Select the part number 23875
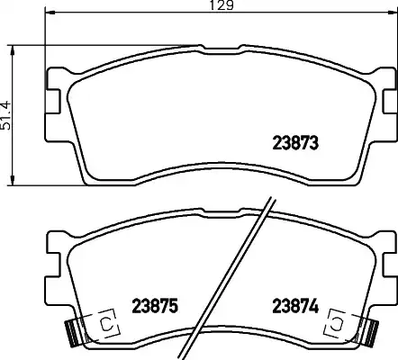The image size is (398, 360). coord(155,306)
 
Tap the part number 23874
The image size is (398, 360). coord(295,306)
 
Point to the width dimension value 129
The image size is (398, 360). coord(222,5)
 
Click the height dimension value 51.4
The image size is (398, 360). coord(6,115)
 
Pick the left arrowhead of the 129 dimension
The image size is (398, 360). coord(50,13)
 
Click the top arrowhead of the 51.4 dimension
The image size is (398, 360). coord(13,50)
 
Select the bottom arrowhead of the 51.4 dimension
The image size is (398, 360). coord(13,180)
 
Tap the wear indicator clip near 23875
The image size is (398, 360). coord(105,324)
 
